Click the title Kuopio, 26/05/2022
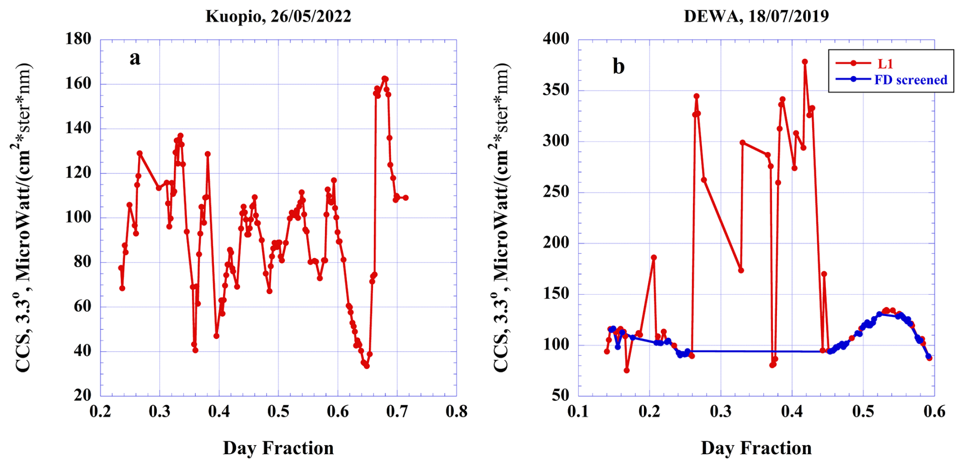tap(278, 16)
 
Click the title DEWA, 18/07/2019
tap(756, 16)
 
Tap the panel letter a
tap(135, 58)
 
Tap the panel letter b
tap(619, 66)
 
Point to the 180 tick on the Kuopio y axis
tap(78, 39)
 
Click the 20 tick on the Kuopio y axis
tap(83, 395)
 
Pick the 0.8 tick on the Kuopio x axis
tap(456, 411)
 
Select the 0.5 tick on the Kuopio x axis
tap(278, 411)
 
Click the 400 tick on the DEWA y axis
tap(556, 39)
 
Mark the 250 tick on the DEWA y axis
tap(556, 192)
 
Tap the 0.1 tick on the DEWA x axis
tap(578, 411)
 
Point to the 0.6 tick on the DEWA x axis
tap(934, 411)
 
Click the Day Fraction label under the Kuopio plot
tap(278, 448)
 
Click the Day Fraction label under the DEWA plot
tap(756, 448)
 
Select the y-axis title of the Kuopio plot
tap(21, 218)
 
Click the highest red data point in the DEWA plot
tap(805, 62)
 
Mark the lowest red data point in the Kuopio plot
tap(367, 366)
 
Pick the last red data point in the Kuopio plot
tap(406, 198)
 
